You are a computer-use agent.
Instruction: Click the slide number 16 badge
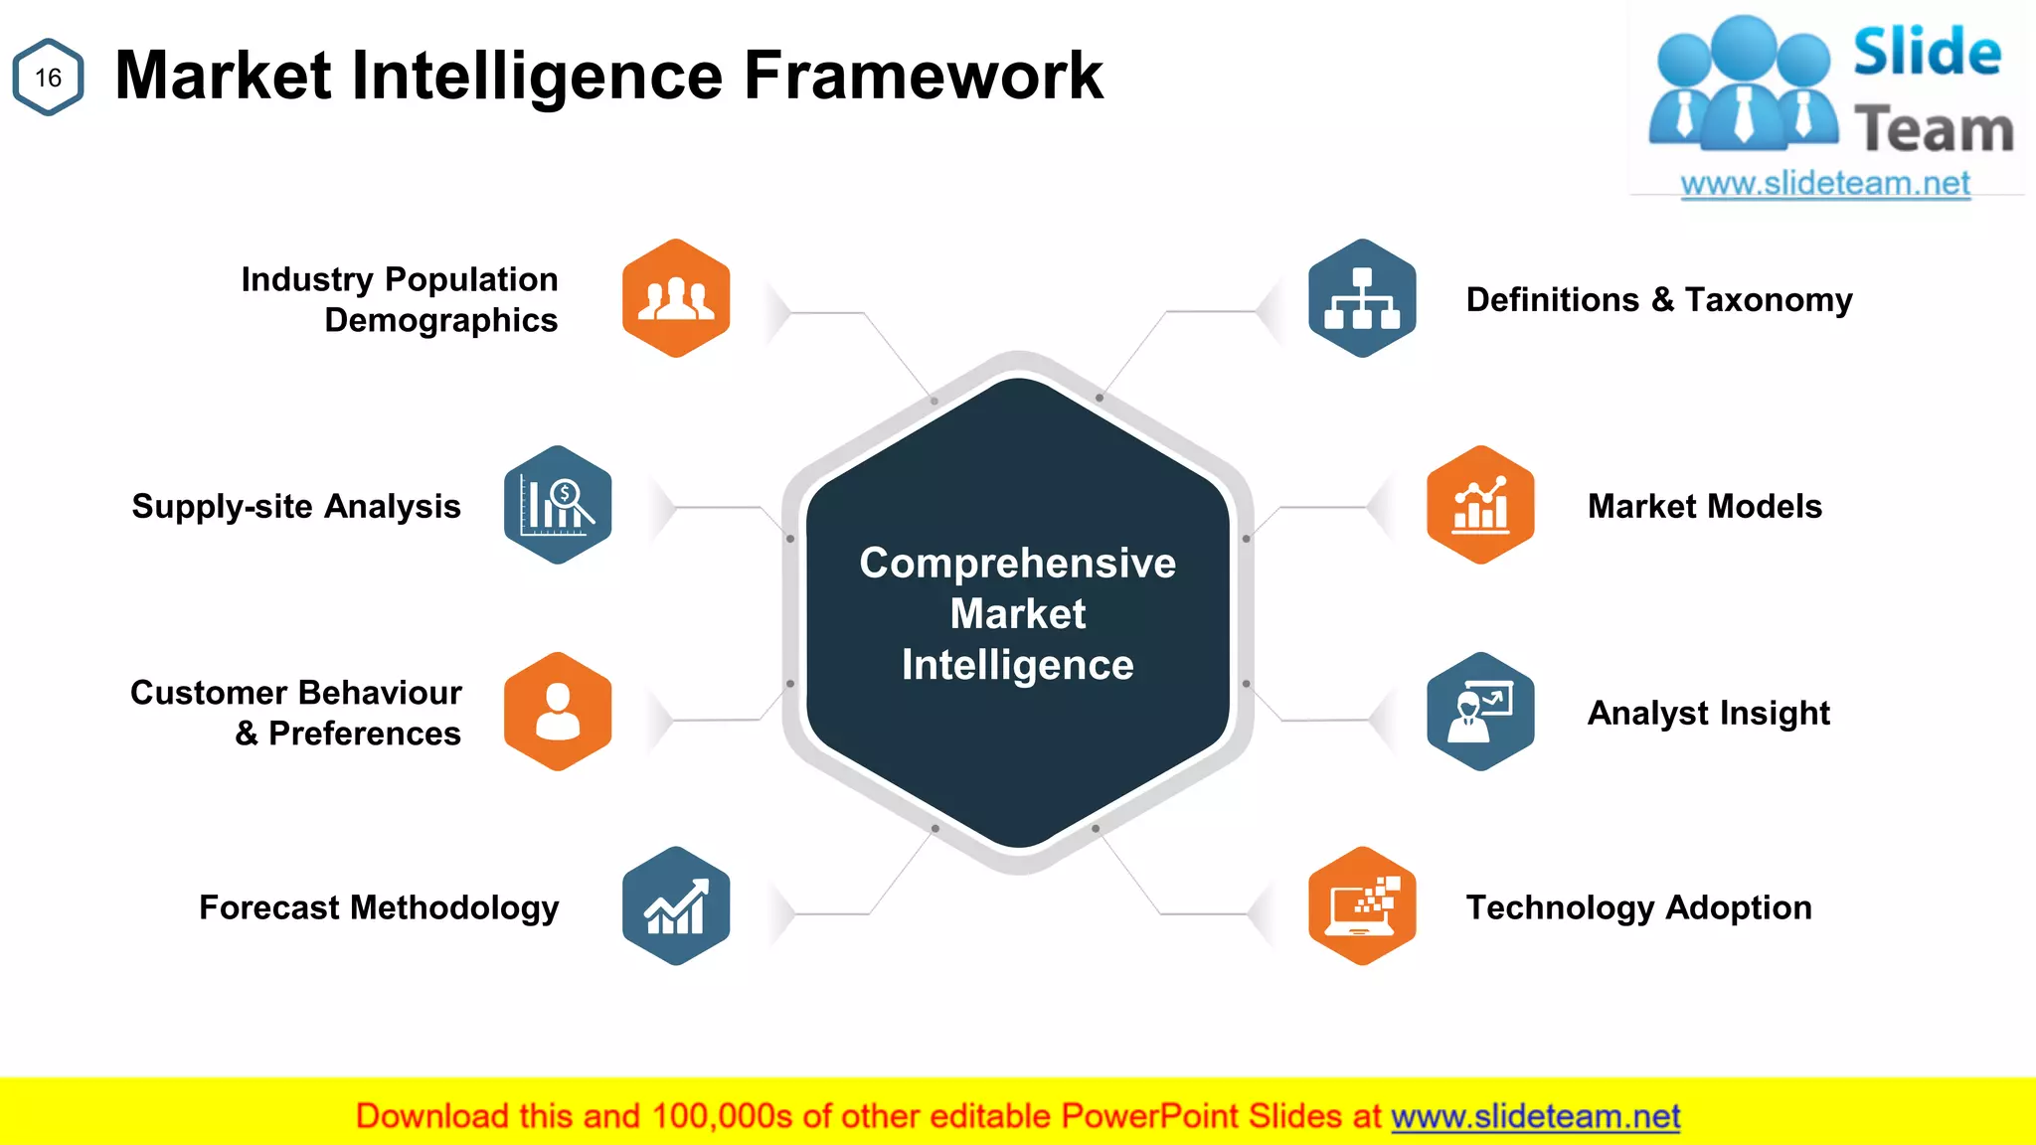coord(48,78)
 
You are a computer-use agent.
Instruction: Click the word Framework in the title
coord(924,76)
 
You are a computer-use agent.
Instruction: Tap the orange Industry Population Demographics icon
coord(676,298)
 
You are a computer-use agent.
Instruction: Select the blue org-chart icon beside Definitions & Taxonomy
coord(1362,298)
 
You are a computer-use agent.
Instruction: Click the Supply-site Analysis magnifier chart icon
coord(558,505)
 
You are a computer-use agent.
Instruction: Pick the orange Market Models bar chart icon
coord(1480,505)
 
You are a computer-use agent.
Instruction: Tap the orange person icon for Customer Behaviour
coord(558,712)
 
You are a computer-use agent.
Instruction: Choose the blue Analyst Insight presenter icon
coord(1480,712)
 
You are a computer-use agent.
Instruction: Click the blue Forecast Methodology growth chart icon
coord(676,905)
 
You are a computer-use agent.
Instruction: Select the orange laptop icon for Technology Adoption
coord(1362,905)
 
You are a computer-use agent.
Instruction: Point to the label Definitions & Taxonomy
coord(1659,300)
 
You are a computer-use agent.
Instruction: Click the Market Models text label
coord(1705,507)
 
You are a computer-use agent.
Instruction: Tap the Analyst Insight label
coord(1709,714)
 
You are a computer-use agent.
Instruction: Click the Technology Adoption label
coord(1639,908)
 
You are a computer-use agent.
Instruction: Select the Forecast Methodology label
coord(379,908)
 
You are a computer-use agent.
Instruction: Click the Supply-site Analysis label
coord(296,507)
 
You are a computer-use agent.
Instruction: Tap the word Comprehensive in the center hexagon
coord(1018,564)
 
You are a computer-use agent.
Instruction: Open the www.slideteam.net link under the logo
coord(1825,184)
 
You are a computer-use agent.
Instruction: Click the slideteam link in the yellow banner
coord(1536,1117)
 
